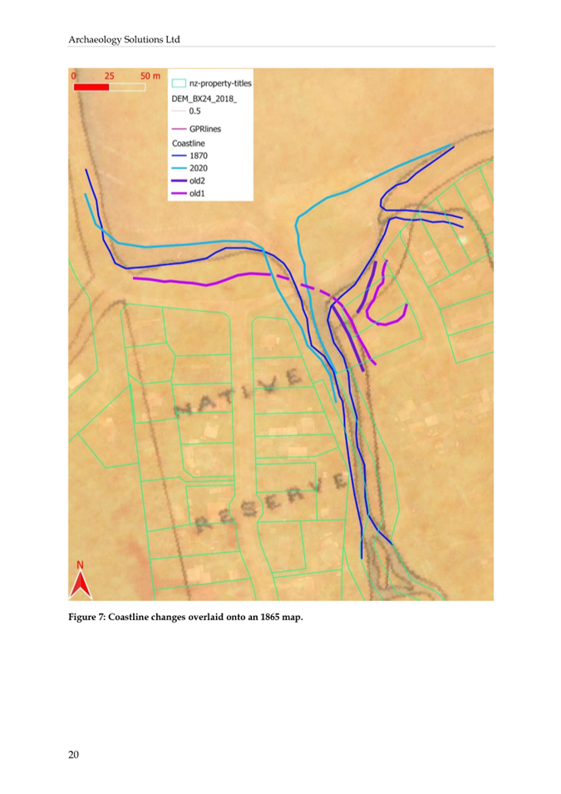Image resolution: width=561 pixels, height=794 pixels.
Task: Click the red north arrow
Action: tap(80, 583)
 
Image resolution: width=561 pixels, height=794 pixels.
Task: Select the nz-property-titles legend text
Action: tap(220, 83)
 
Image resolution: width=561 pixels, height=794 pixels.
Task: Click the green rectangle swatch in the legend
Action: tap(178, 83)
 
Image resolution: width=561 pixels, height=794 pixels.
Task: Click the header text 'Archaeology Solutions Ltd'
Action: tap(124, 39)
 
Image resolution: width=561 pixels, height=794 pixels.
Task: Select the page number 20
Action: tap(74, 755)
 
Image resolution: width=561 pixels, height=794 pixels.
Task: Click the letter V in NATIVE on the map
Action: tap(268, 384)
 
